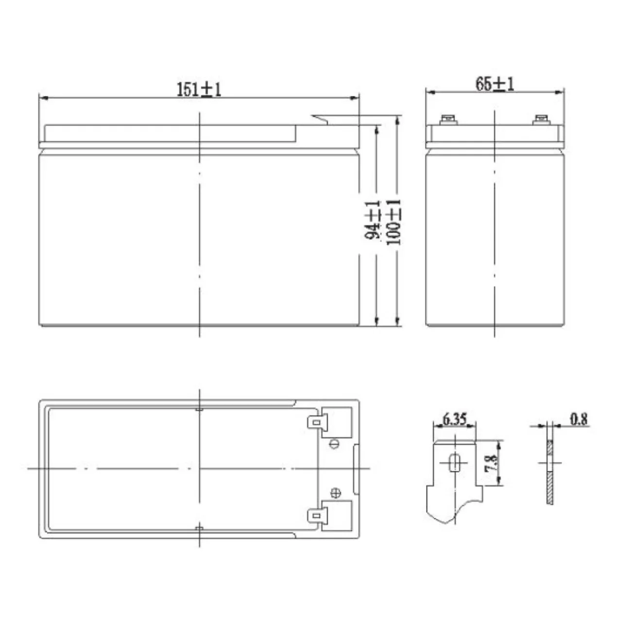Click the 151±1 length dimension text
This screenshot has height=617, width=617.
(199, 89)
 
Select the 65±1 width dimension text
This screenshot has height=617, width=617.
(495, 84)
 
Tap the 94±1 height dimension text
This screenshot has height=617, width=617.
(373, 220)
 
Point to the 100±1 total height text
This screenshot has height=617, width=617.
(394, 222)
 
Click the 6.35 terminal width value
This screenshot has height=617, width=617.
(454, 419)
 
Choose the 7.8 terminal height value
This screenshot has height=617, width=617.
(492, 464)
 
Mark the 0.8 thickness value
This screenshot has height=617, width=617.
(579, 419)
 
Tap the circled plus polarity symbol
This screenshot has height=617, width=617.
(335, 493)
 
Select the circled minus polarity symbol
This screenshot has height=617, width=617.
(335, 444)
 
